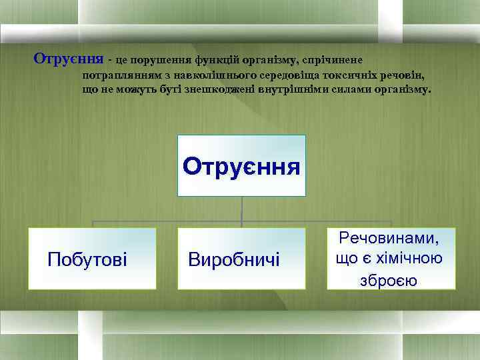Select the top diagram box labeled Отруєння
241,165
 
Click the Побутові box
92,259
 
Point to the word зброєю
389,280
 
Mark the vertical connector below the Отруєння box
241,211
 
